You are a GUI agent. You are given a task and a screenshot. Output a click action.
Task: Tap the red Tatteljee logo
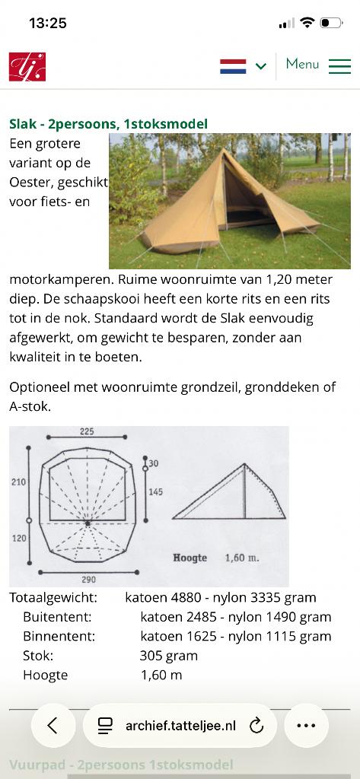pyautogui.click(x=27, y=66)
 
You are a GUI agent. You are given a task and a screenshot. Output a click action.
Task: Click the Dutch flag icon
pyautogui.click(x=233, y=66)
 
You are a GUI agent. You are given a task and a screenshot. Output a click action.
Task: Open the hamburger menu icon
pyautogui.click(x=339, y=66)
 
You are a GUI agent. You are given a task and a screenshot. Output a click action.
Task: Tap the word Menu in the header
pyautogui.click(x=302, y=64)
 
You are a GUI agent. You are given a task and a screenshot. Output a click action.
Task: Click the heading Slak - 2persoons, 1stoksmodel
pyautogui.click(x=108, y=124)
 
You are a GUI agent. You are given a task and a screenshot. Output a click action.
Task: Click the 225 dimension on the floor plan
pyautogui.click(x=87, y=431)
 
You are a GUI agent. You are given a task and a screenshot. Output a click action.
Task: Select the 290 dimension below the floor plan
pyautogui.click(x=87, y=579)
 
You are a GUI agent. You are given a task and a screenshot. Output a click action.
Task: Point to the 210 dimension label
pyautogui.click(x=18, y=482)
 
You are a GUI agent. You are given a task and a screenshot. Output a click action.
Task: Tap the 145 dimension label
pyautogui.click(x=155, y=491)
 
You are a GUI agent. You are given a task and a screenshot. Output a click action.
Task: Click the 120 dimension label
pyautogui.click(x=18, y=539)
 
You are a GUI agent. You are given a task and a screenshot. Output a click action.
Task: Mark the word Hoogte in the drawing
pyautogui.click(x=190, y=558)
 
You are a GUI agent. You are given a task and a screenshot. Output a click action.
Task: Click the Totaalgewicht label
pyautogui.click(x=53, y=597)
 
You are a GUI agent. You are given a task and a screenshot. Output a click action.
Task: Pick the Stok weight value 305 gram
pyautogui.click(x=168, y=655)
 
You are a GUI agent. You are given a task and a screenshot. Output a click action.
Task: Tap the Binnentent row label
pyautogui.click(x=59, y=636)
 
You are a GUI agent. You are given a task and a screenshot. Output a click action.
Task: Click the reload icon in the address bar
pyautogui.click(x=256, y=726)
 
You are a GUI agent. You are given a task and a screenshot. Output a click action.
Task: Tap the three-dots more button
pyautogui.click(x=306, y=726)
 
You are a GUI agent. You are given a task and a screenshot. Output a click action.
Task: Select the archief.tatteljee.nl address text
pyautogui.click(x=181, y=726)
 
